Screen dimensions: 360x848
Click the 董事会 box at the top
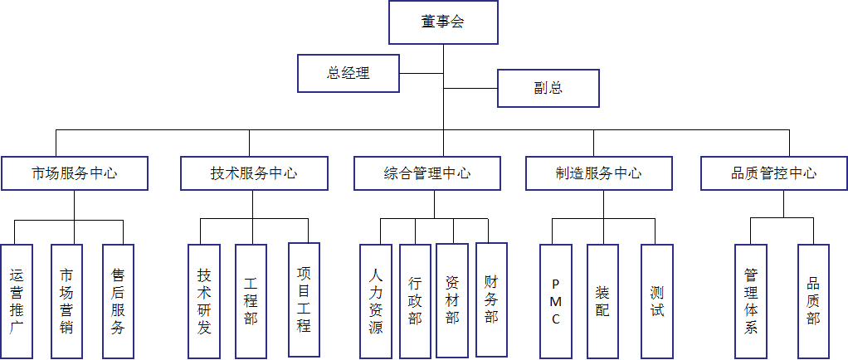pyautogui.click(x=443, y=22)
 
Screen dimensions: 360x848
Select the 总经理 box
pyautogui.click(x=348, y=73)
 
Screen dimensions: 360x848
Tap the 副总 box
pyautogui.click(x=548, y=88)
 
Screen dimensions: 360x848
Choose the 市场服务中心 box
pyautogui.click(x=75, y=173)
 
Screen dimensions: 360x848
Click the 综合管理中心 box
pyautogui.click(x=427, y=173)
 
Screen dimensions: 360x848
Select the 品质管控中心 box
pyautogui.click(x=773, y=173)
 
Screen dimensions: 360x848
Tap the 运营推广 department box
pyautogui.click(x=17, y=301)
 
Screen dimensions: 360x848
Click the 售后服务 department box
pyautogui.click(x=118, y=301)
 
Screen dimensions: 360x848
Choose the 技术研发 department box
pyautogui.click(x=204, y=301)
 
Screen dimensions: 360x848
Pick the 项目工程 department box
pyautogui.click(x=304, y=299)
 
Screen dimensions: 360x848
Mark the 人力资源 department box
pyautogui.click(x=376, y=301)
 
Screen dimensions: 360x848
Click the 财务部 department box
pyautogui.click(x=491, y=299)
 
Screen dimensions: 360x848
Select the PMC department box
pyautogui.click(x=555, y=301)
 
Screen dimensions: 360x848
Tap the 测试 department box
pyautogui.click(x=657, y=301)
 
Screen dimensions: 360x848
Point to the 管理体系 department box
pyautogui.click(x=751, y=301)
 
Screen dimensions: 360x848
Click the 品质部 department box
pyautogui.click(x=813, y=301)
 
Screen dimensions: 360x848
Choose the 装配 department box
pyautogui.click(x=602, y=301)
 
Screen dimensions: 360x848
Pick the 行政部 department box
pyautogui.click(x=415, y=301)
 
